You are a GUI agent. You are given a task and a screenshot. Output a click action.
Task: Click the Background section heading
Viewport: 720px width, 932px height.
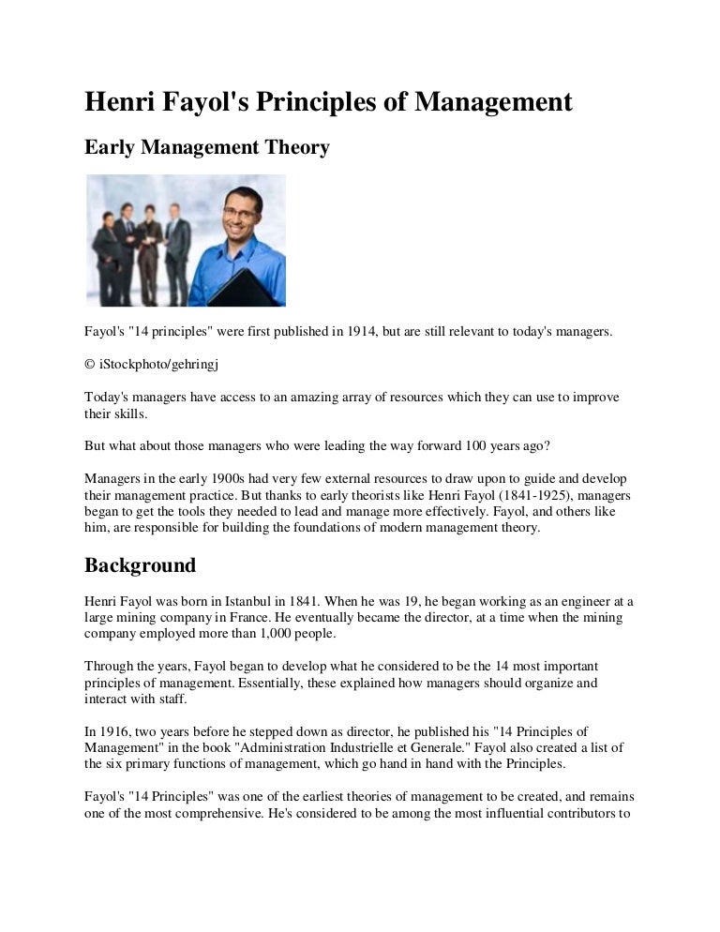point(140,565)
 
